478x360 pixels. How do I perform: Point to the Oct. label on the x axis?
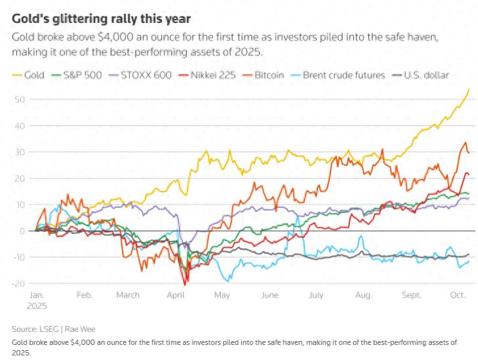[x=458, y=295]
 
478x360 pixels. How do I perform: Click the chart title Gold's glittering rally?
[x=101, y=19]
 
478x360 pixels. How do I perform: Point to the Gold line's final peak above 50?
[x=468, y=89]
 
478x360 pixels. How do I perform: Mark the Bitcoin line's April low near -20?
[x=186, y=285]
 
